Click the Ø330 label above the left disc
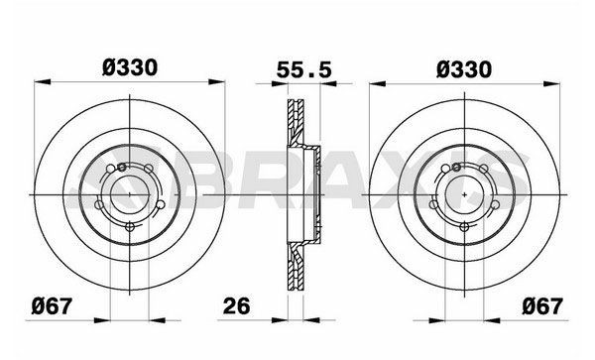129,68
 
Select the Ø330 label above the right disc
463,68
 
